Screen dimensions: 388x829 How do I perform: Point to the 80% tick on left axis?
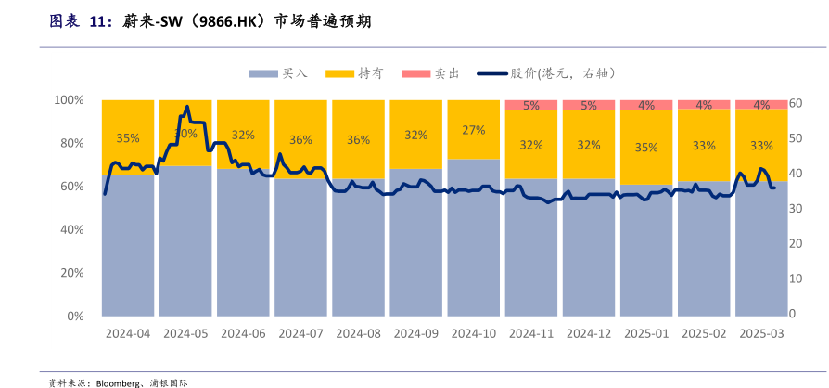70,143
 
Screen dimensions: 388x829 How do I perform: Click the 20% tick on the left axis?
70,273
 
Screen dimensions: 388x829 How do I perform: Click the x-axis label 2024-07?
300,333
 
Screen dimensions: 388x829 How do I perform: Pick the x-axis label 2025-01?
646,333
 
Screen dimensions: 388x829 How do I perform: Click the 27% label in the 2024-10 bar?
474,130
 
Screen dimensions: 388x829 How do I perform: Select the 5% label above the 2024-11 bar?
531,105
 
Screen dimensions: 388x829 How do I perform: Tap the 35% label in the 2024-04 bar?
128,138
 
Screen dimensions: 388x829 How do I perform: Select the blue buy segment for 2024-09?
416,251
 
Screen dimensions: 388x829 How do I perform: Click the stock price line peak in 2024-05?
187,107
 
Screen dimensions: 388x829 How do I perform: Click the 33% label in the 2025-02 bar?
704,146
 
